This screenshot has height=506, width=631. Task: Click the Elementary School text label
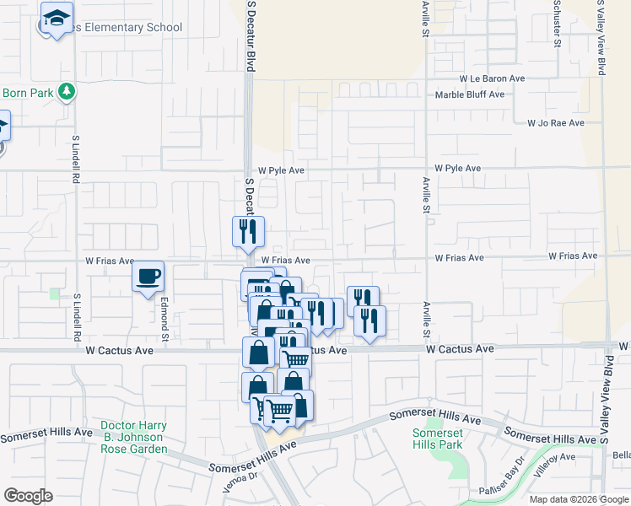coord(127,28)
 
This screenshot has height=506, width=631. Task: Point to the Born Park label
coord(28,93)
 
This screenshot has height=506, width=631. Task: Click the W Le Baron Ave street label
coord(493,78)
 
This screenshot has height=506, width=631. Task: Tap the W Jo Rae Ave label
coord(555,123)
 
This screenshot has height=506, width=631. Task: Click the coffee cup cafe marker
coord(148,277)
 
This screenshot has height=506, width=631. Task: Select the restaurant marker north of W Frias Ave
coord(248,231)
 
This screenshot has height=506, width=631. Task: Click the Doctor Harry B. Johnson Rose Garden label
coord(133,437)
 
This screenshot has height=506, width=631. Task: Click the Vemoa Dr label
coord(240,476)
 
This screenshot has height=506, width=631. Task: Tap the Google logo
coord(28,496)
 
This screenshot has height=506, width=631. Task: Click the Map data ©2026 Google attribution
coord(580,499)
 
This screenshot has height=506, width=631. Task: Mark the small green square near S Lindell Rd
coord(55,293)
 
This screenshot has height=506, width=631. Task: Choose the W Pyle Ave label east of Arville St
coord(458,169)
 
